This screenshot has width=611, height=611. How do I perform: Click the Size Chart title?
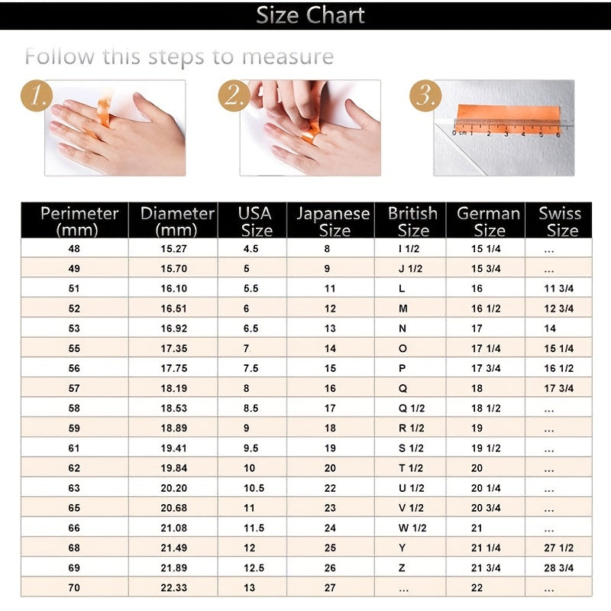310,15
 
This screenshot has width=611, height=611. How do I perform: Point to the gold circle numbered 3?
425,96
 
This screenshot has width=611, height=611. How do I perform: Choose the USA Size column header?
255,221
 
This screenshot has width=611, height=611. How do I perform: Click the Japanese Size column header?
333,221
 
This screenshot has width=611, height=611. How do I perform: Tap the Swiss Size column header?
561,221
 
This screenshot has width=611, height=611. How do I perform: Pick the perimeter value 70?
74,587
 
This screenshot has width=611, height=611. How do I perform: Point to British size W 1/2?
412,528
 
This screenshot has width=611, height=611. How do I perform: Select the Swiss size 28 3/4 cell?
559,567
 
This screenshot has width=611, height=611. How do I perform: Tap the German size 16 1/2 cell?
486,309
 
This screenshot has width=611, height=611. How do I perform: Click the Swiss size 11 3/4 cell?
559,289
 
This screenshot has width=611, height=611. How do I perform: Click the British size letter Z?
402,567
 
